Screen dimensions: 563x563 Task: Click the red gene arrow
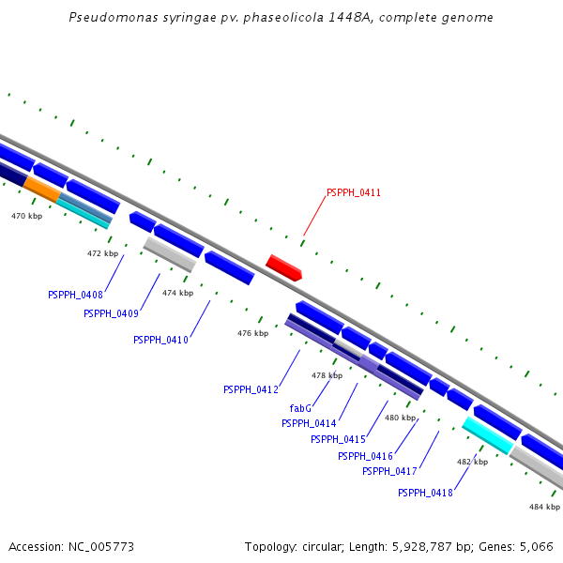pos(283,267)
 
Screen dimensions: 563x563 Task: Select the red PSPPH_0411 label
pos(354,193)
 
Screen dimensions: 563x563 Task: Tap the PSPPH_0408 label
pos(75,295)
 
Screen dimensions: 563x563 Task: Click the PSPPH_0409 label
pos(111,313)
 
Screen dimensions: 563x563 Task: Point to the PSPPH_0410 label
pos(160,340)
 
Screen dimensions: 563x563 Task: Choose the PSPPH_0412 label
pos(251,389)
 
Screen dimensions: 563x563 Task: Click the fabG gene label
pos(300,408)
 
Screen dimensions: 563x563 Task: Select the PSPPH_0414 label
pos(309,423)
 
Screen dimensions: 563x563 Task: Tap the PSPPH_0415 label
pos(338,439)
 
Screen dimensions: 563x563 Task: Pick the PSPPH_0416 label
pos(365,456)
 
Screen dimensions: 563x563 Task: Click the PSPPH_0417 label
pos(389,471)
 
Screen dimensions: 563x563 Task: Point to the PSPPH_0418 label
pos(425,493)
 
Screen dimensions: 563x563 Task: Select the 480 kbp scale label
pos(400,418)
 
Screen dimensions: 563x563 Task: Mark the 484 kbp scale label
pos(544,507)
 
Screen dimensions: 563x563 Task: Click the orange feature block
pos(43,188)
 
